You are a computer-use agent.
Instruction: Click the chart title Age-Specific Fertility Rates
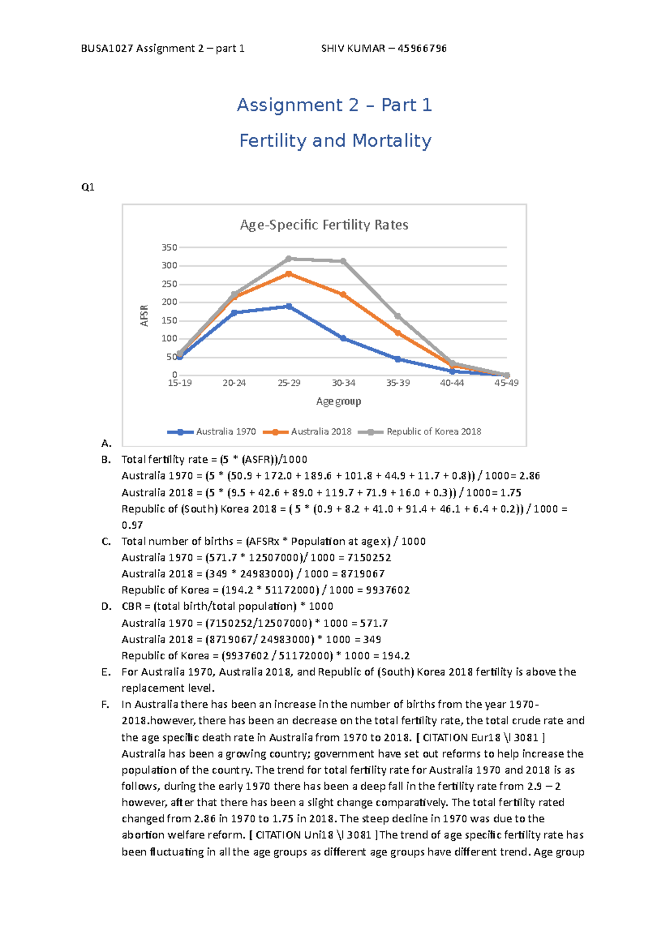[x=324, y=225]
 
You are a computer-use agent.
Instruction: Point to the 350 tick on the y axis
[x=169, y=247]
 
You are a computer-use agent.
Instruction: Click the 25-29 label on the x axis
[x=289, y=383]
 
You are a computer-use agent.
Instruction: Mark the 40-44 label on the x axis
[x=452, y=383]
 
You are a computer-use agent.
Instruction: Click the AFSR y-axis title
[x=145, y=315]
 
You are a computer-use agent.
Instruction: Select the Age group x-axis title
[x=338, y=401]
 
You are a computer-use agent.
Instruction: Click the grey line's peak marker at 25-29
[x=289, y=259]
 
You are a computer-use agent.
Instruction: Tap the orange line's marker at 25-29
[x=289, y=274]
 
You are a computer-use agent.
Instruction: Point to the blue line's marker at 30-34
[x=343, y=338]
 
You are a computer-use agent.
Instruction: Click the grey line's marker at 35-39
[x=398, y=317]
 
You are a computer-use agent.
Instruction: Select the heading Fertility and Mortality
[x=335, y=141]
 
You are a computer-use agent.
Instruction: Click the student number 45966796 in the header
[x=422, y=49]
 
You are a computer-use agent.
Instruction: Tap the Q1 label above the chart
[x=88, y=188]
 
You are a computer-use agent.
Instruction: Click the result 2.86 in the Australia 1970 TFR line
[x=529, y=476]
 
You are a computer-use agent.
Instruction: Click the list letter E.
[x=106, y=672]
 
